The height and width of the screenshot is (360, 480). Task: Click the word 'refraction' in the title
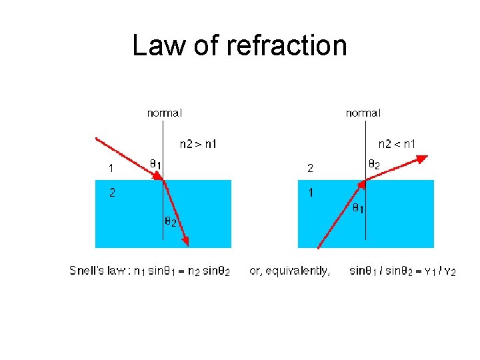(287, 45)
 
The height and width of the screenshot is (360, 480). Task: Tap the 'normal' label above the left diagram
(164, 113)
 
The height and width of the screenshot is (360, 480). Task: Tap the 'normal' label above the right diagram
(363, 113)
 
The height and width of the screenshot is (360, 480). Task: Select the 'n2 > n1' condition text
(198, 143)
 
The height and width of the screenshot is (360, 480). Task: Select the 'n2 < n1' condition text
(397, 143)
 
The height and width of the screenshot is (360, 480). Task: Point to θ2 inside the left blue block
(170, 221)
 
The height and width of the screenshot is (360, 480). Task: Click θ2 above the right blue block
(374, 163)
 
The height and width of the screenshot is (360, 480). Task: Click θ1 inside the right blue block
(358, 209)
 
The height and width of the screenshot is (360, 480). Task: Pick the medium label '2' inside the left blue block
(112, 193)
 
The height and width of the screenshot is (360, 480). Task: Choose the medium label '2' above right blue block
(310, 168)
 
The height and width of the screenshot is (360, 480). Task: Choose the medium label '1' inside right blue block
(311, 193)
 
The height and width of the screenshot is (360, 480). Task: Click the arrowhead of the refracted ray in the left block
(187, 241)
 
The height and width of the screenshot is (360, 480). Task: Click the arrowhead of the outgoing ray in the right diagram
(422, 158)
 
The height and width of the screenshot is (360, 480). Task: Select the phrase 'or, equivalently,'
(289, 271)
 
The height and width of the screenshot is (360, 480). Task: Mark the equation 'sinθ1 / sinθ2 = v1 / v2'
(402, 271)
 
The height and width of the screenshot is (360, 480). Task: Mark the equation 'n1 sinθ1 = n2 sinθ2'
(181, 271)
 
